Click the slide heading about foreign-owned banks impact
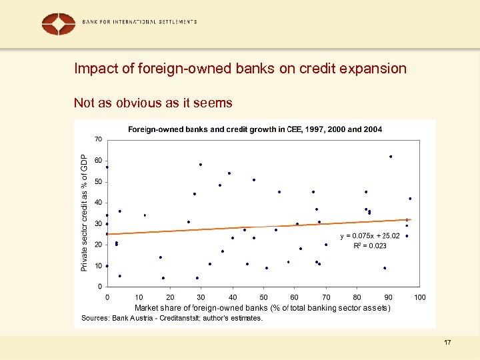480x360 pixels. (240, 69)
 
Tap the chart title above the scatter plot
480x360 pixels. (255, 129)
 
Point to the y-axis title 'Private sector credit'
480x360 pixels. (84, 213)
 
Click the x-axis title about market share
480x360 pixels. (262, 307)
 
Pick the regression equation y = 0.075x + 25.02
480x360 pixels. (370, 235)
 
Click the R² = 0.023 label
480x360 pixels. (369, 246)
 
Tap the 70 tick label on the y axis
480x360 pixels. (98, 139)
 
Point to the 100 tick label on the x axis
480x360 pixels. (420, 297)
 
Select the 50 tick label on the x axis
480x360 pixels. (264, 297)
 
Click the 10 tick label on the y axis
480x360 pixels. (98, 266)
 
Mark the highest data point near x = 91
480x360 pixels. (391, 157)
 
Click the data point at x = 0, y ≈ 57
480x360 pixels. (107, 167)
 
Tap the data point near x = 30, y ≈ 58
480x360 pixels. (200, 164)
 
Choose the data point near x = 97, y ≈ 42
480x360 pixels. (410, 198)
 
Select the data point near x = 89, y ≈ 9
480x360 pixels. (385, 268)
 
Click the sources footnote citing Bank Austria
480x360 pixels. (172, 318)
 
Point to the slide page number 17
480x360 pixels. (447, 343)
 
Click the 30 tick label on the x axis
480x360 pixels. (201, 297)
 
